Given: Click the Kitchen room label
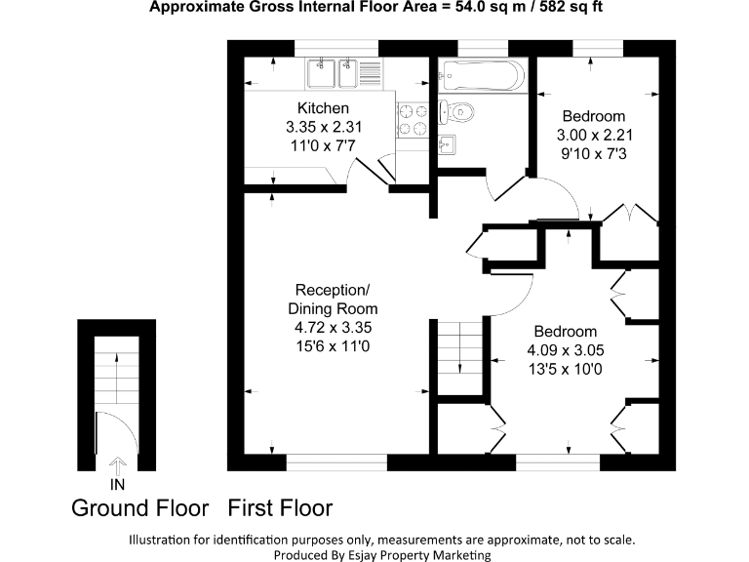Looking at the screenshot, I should (323, 108).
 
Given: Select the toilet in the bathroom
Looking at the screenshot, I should (457, 112).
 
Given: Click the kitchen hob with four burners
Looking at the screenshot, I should (412, 119).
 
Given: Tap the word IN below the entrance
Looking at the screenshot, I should (118, 482).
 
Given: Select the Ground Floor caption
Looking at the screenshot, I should (140, 508).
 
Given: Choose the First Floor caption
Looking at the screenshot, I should (281, 508).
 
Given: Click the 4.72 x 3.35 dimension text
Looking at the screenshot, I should (333, 328).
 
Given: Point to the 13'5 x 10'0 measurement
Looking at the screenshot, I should (565, 369).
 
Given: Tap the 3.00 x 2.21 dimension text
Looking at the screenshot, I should (593, 136).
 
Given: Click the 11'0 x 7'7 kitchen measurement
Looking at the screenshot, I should (323, 145).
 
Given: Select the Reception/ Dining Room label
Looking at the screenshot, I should (333, 300).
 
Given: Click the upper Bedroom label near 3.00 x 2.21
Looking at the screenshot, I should (593, 116).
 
